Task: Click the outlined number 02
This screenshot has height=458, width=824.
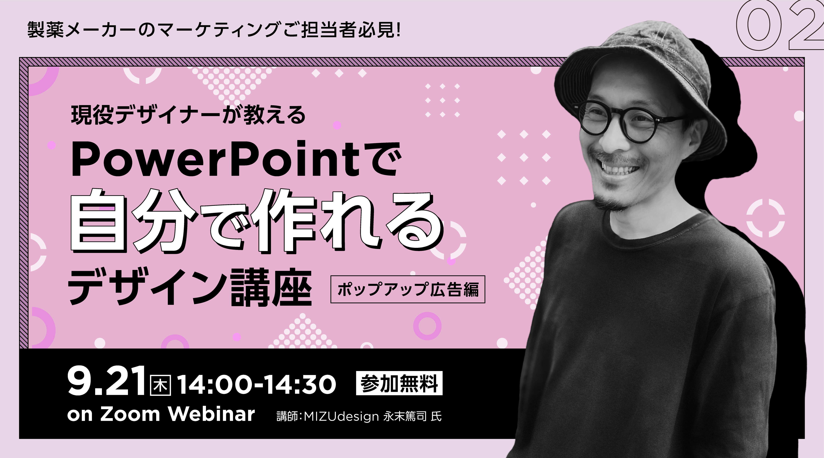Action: click(781, 26)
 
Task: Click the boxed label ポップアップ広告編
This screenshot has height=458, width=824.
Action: click(408, 289)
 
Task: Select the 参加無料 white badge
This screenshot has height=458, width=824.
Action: click(399, 383)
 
